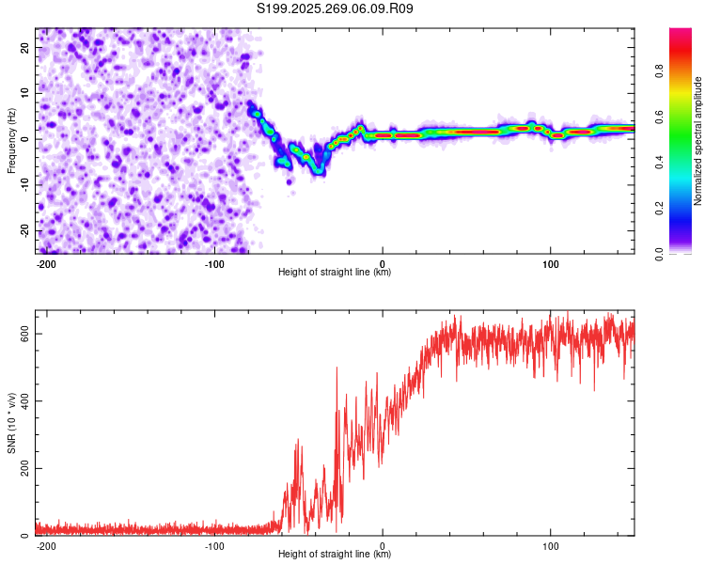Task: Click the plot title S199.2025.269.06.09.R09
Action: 335,8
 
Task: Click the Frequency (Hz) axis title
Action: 11,139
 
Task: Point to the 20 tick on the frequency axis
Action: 24,47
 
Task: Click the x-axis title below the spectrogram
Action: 335,273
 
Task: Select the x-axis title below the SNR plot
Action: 335,555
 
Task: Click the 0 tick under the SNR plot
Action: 383,545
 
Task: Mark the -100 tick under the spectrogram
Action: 213,263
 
